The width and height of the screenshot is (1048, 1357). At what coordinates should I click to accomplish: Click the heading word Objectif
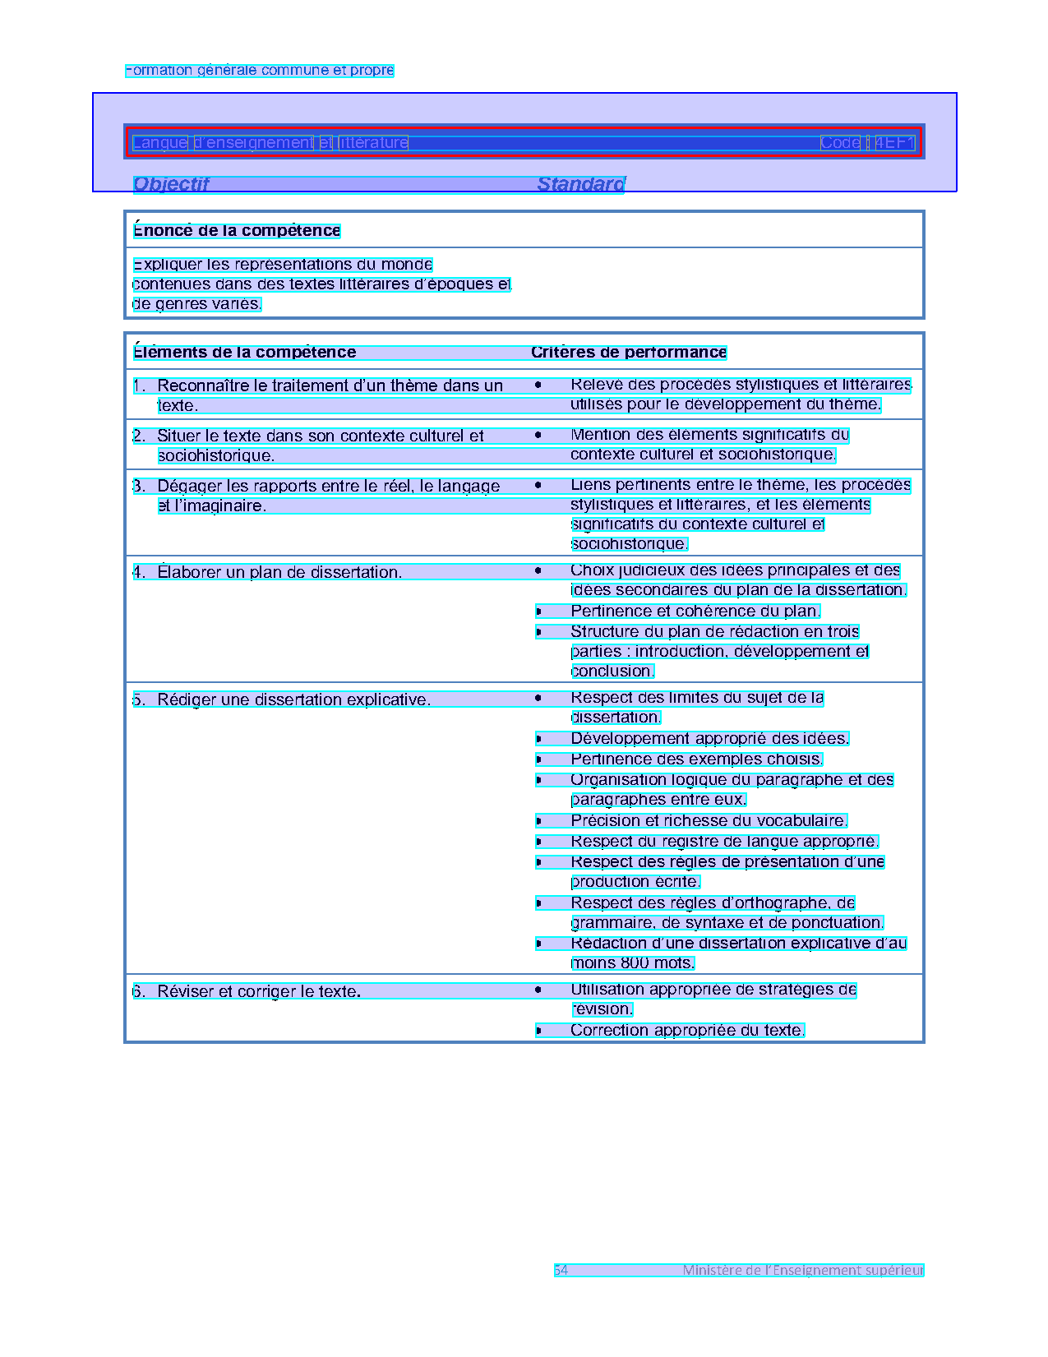click(x=171, y=184)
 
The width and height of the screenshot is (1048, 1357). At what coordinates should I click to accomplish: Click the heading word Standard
click(x=580, y=184)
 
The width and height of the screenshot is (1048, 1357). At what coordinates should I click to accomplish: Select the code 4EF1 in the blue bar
click(x=894, y=142)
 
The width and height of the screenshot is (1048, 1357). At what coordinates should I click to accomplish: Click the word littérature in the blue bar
click(x=373, y=142)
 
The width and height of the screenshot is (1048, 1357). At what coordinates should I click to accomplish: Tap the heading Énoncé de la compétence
click(x=237, y=231)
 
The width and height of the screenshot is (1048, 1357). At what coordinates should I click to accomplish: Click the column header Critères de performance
click(x=629, y=353)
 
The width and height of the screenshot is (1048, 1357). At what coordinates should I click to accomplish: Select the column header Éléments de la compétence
click(x=245, y=353)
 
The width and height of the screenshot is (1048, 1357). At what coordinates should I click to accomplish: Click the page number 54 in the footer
click(x=561, y=1270)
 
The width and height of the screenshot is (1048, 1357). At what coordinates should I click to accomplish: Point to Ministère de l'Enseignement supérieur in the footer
click(x=803, y=1270)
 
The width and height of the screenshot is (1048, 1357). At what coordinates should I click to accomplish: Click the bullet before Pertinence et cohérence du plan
click(x=538, y=612)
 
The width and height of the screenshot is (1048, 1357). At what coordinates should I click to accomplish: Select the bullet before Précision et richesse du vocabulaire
click(x=538, y=821)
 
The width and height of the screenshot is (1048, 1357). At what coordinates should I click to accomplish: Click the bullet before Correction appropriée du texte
click(x=538, y=1031)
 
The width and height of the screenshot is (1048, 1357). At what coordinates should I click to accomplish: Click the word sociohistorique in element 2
click(x=215, y=456)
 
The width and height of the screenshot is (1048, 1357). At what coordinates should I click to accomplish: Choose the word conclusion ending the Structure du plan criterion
click(x=612, y=672)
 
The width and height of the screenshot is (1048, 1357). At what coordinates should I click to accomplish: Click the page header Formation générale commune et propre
click(x=260, y=71)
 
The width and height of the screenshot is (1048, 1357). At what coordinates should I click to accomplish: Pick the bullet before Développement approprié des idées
click(x=538, y=739)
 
